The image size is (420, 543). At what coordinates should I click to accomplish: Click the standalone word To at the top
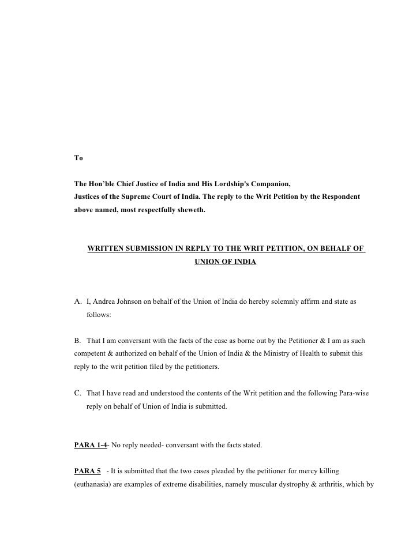coord(78,157)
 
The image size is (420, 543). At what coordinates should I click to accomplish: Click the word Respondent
coord(338,197)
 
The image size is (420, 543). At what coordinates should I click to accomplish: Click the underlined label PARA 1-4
coord(91,444)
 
